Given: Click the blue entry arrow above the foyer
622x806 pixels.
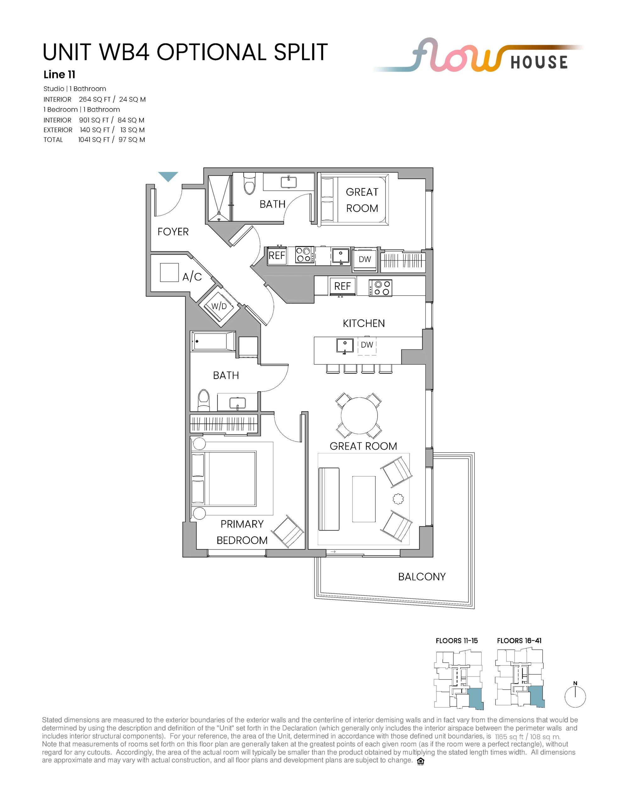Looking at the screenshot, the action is point(168,176).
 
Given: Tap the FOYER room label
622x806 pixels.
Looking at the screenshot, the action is point(173,232).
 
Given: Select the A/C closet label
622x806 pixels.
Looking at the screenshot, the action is point(192,276).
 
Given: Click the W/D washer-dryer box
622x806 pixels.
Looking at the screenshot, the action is point(219,307).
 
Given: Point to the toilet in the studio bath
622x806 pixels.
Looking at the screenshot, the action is point(249,184).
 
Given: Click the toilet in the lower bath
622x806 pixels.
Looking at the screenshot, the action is point(203,400).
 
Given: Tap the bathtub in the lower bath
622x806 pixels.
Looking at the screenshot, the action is point(213,341).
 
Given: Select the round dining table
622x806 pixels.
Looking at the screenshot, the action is point(359,416).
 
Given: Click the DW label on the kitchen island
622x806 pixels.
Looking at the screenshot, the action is point(367,345).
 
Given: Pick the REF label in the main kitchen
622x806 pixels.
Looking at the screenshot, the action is point(342,286).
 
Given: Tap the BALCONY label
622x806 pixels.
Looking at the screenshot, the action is point(422,576).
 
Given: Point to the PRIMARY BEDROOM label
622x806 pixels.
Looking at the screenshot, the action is point(242,532).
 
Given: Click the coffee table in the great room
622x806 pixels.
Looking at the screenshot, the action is point(364,499).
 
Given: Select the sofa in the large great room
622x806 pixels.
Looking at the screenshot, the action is point(329,499).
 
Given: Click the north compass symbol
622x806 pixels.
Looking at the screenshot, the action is point(575,696).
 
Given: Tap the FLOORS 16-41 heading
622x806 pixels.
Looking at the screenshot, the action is point(519,641).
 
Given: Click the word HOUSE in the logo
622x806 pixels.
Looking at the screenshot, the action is point(539,62).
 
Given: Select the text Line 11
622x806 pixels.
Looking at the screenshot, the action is point(59,75).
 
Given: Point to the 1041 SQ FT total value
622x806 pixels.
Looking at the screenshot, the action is point(94,139).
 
